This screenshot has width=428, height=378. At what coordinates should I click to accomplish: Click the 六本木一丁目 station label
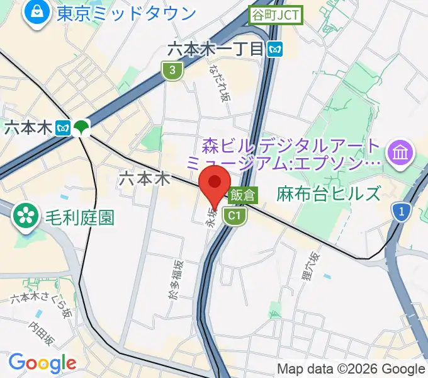215,49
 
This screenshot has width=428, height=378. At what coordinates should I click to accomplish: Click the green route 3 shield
172,71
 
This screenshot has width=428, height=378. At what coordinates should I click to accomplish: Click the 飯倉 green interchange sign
242,195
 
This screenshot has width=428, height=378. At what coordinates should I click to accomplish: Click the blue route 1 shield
400,213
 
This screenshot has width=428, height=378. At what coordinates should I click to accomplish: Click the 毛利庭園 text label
80,218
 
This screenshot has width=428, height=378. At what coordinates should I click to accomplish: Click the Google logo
42,363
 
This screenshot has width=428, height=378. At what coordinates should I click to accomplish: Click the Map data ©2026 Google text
351,369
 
